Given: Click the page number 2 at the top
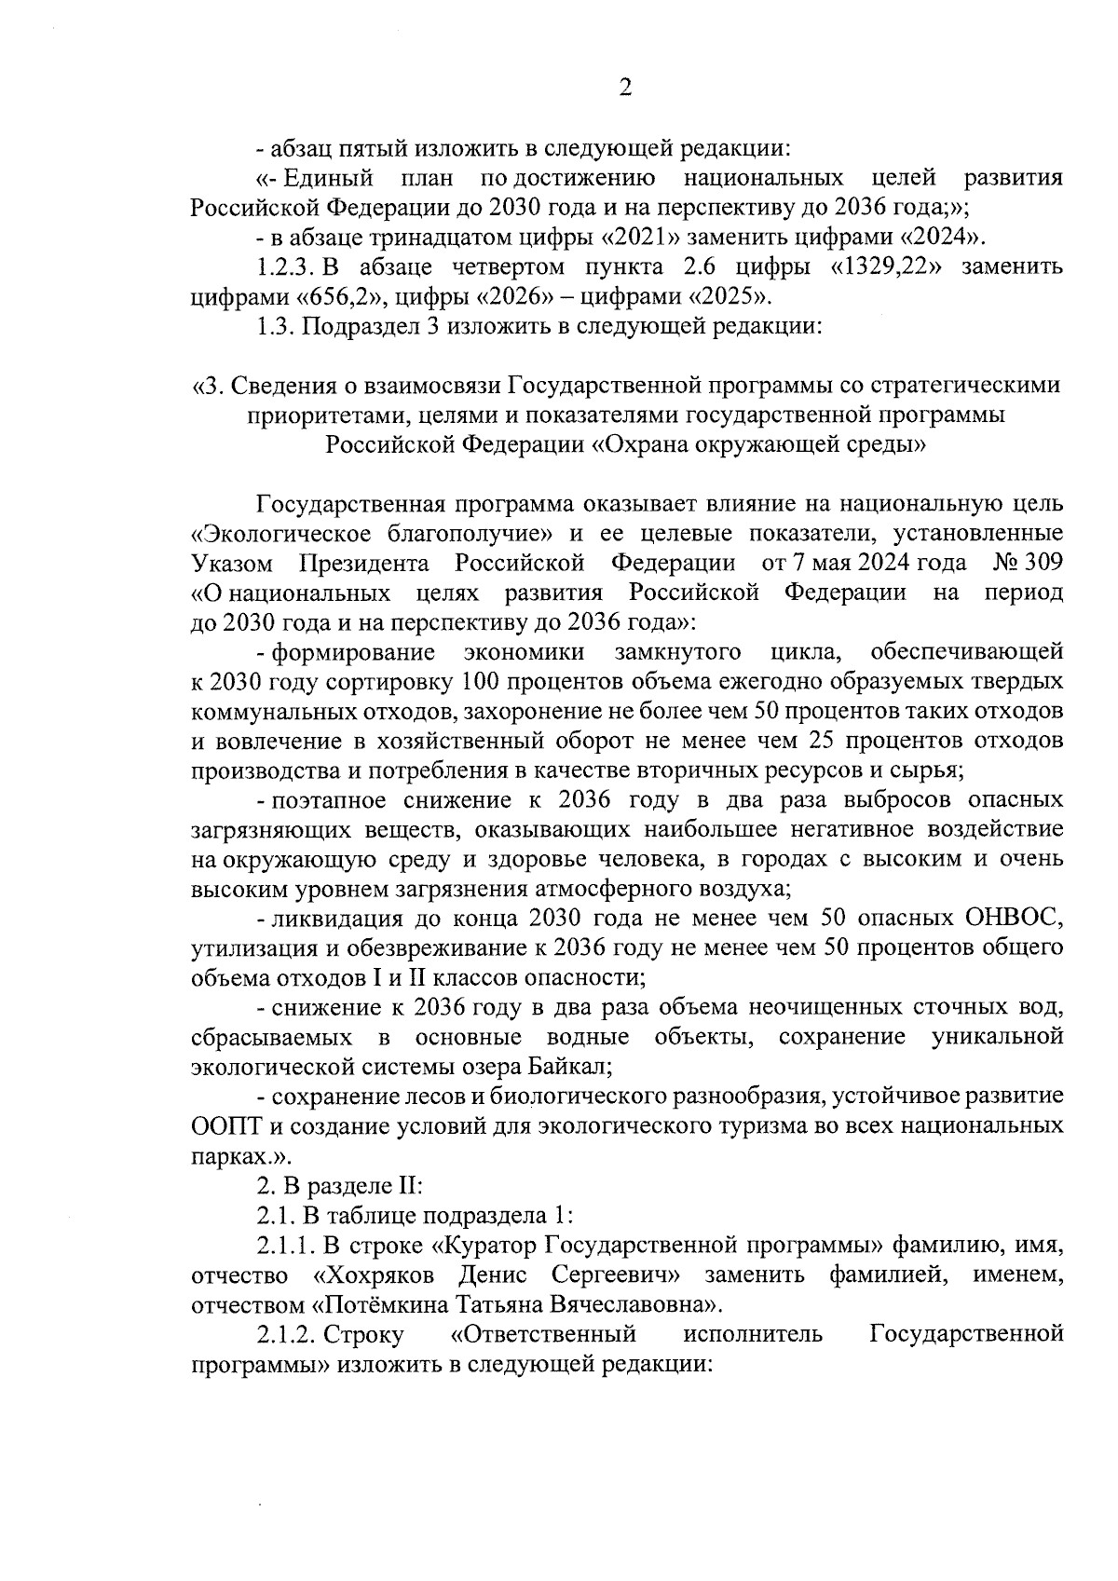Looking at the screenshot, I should click(625, 89).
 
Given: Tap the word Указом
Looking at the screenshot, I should click(232, 564).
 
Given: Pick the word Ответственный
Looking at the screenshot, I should click(543, 1334).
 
